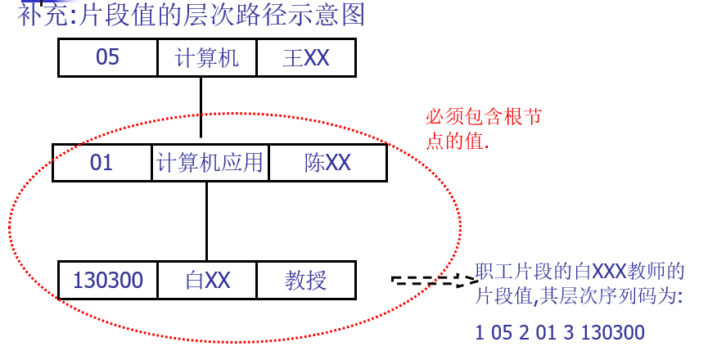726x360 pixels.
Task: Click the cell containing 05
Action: click(x=108, y=58)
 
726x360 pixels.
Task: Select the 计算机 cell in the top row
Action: click(x=207, y=58)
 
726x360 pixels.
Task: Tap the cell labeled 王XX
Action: click(x=306, y=58)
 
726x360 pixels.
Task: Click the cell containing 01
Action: click(x=102, y=163)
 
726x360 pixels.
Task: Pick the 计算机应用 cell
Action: click(x=210, y=163)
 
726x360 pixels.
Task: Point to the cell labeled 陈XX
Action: click(x=327, y=163)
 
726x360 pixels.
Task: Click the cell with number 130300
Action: click(x=108, y=281)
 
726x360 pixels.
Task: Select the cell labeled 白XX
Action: click(x=207, y=281)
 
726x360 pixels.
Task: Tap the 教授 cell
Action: click(x=306, y=281)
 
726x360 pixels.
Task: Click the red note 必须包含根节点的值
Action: click(x=483, y=128)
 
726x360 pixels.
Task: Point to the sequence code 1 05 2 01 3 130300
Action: click(x=560, y=333)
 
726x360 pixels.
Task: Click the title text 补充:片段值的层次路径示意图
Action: click(x=192, y=16)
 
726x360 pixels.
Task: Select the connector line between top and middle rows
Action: click(x=201, y=110)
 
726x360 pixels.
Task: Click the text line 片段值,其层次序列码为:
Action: click(x=578, y=297)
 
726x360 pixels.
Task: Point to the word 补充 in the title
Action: click(x=43, y=16)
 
